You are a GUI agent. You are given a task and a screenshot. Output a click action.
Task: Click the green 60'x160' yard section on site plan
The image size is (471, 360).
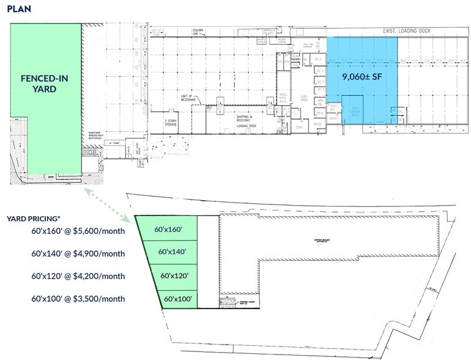(x=168, y=230)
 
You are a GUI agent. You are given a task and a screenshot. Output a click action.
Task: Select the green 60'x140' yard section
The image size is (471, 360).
(x=171, y=252)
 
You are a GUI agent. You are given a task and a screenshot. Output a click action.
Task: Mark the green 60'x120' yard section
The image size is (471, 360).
(x=175, y=276)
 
